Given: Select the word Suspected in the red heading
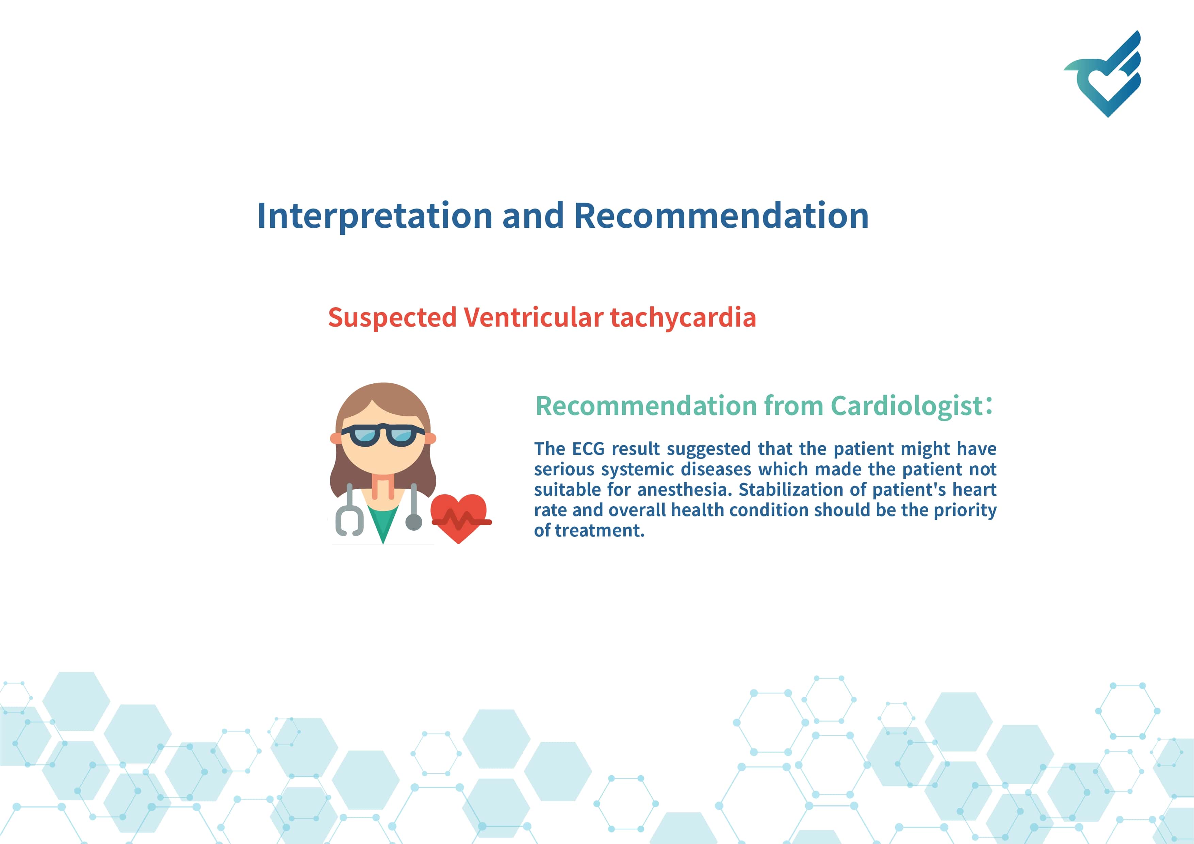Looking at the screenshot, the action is coord(392,318).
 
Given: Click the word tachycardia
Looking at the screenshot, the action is coord(683,318).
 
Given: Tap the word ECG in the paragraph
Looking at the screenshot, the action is coord(588,449).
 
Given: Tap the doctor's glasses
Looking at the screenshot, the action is coord(383,435).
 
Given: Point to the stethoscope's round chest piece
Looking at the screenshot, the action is coord(413,522).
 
